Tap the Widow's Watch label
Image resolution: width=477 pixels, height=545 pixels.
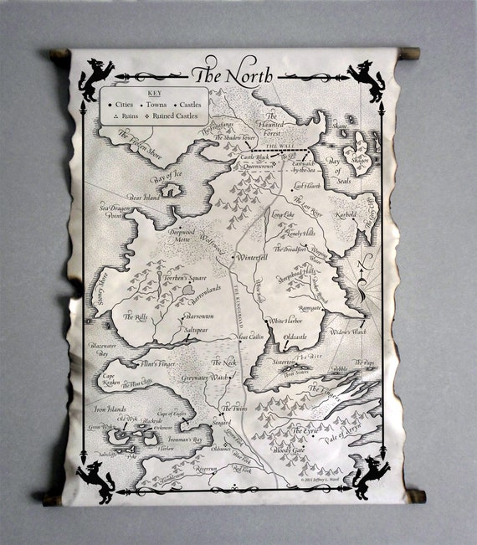click(348, 332)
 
